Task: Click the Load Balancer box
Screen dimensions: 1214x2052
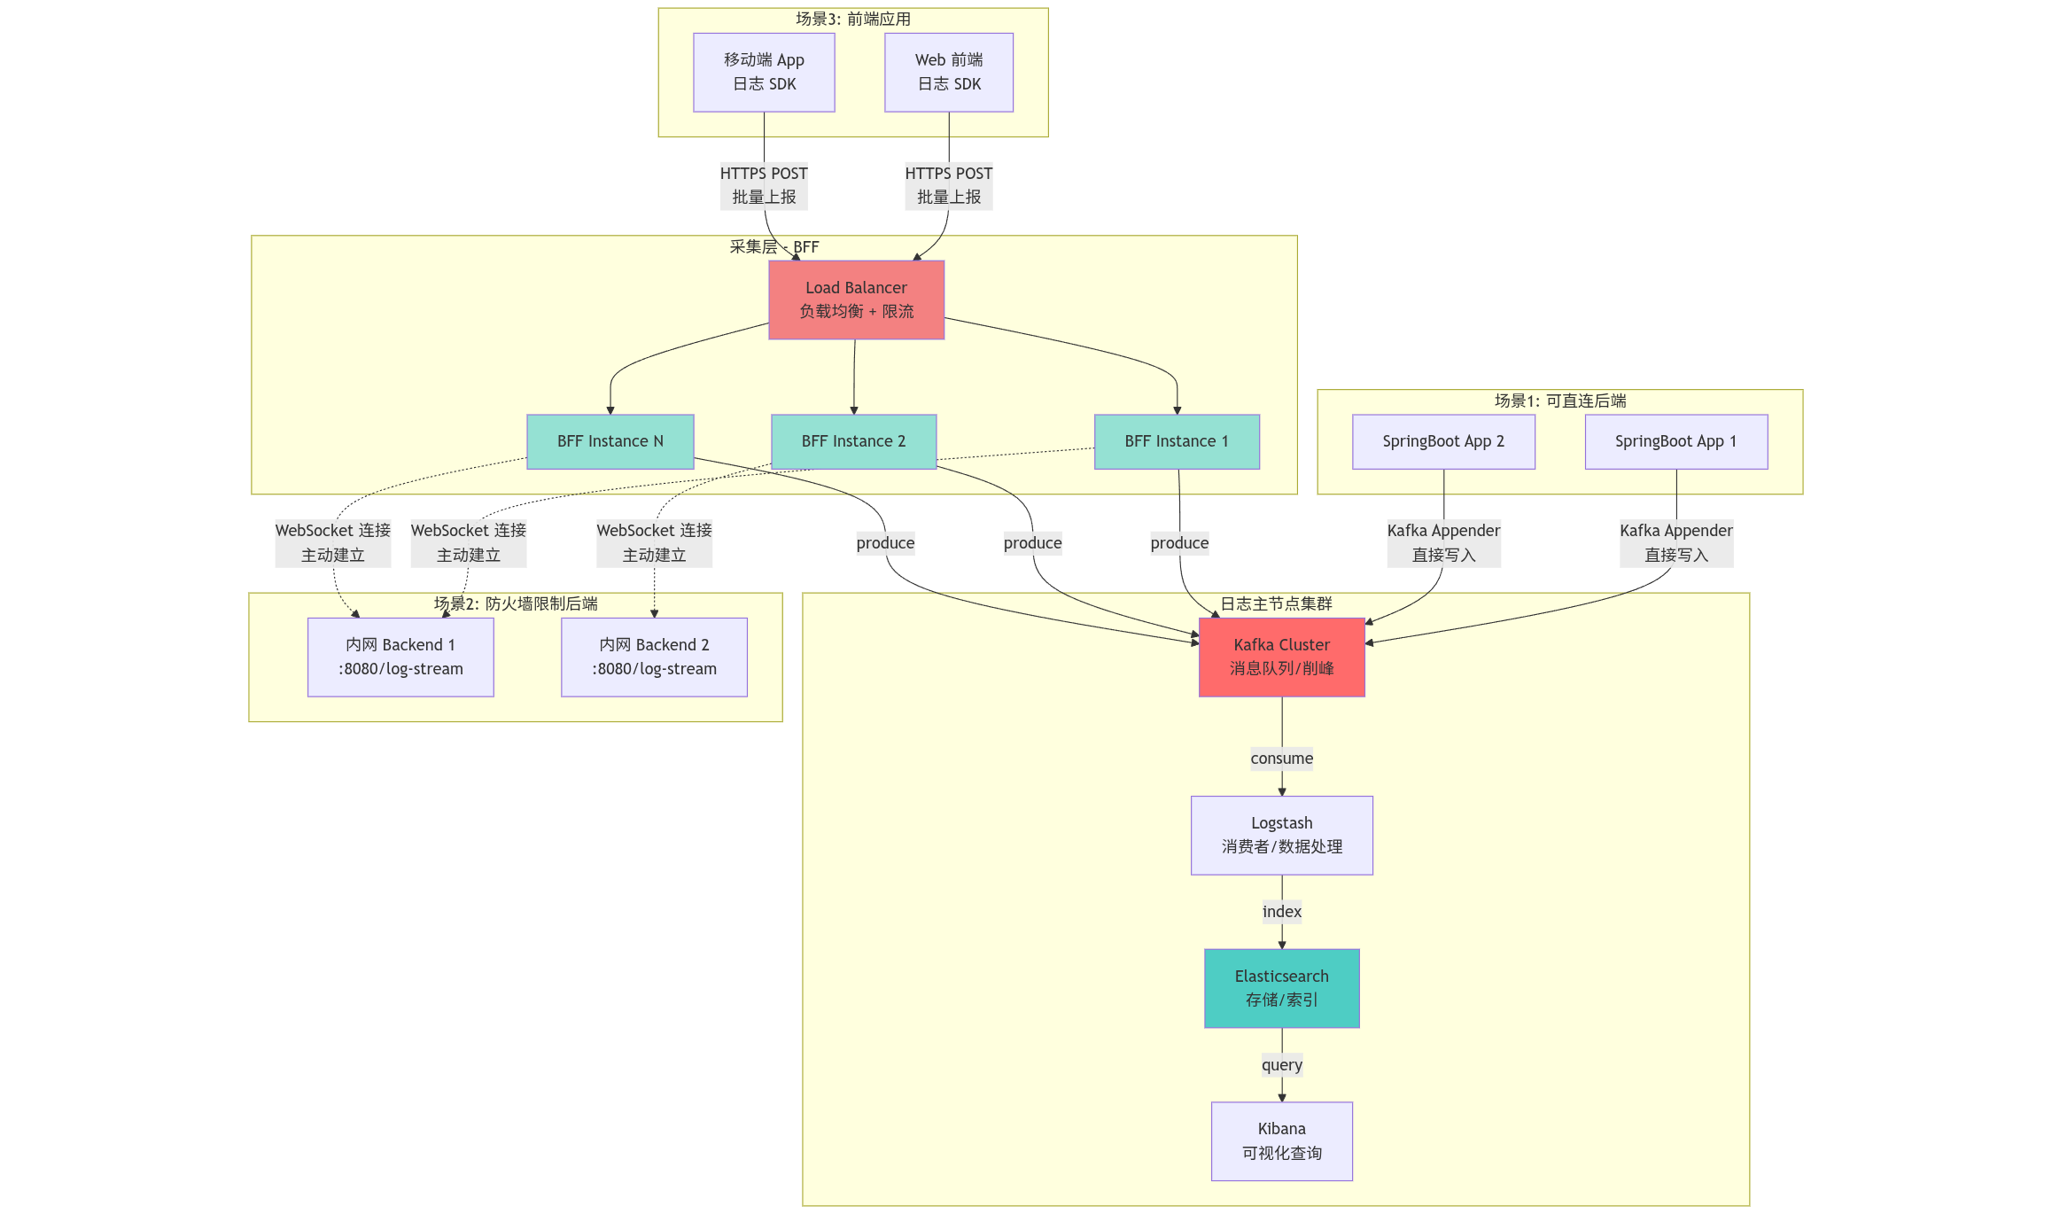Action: coord(856,300)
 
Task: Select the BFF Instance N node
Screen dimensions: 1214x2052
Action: coord(610,441)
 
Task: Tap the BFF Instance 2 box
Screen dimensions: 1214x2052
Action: coord(853,441)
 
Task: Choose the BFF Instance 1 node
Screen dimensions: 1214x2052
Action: coord(1177,441)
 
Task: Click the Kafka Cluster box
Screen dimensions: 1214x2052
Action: coord(1281,657)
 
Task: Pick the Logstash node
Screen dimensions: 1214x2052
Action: coord(1281,835)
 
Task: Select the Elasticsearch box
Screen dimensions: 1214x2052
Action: coord(1281,988)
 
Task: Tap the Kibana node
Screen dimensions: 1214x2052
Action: coord(1281,1140)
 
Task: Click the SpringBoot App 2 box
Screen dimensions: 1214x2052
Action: coord(1443,441)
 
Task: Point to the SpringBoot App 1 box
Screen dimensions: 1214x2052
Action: coord(1675,441)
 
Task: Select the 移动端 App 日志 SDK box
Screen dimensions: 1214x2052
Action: coord(764,72)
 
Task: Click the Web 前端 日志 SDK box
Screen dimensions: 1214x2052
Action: coord(948,72)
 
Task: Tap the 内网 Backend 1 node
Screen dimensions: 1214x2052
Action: coord(400,657)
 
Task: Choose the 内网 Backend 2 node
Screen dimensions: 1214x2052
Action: coord(654,657)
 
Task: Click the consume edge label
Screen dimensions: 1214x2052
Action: coord(1281,759)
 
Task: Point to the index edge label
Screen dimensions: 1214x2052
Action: coord(1281,912)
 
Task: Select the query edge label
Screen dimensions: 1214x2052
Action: coord(1281,1065)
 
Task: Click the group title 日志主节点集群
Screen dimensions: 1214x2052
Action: coord(1276,603)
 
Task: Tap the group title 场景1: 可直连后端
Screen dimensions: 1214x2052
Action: coord(1559,401)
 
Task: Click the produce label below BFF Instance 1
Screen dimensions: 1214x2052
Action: coord(1179,543)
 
